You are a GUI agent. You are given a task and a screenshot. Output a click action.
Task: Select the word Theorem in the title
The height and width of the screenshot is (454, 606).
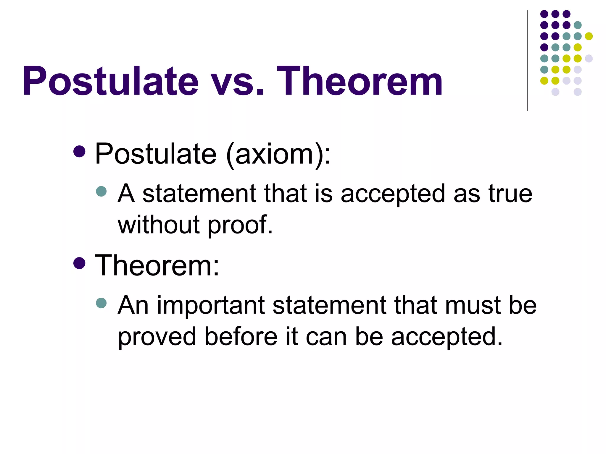(359, 81)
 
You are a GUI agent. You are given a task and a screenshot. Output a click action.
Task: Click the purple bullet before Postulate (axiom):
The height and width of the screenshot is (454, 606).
(79, 152)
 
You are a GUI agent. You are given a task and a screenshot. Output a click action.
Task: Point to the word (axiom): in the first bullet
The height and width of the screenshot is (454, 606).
(278, 154)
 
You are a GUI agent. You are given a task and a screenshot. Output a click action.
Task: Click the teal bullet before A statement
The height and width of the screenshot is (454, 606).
(101, 191)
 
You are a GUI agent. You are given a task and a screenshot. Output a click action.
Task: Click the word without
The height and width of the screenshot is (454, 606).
(159, 225)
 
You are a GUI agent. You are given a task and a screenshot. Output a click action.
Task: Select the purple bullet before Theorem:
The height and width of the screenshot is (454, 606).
(79, 263)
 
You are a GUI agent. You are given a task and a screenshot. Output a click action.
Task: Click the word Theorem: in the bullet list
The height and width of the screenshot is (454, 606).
(157, 265)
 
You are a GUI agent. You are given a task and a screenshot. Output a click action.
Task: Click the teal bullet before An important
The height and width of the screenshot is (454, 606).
(101, 303)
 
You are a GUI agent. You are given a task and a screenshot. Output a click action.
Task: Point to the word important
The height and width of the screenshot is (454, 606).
(210, 306)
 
